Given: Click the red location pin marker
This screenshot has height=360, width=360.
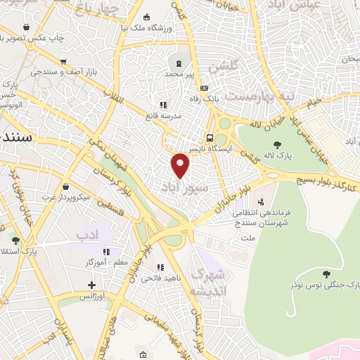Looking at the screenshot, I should (181, 165).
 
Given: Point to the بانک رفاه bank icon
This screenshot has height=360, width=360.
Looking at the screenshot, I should (205, 89).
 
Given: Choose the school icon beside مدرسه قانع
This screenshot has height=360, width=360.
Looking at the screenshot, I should (163, 104).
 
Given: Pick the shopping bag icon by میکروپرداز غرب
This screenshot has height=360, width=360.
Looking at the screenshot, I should (65, 188).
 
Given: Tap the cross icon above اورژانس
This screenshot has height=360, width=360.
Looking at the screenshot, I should (91, 285).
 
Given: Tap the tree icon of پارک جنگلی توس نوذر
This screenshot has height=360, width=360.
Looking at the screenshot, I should (325, 274).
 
